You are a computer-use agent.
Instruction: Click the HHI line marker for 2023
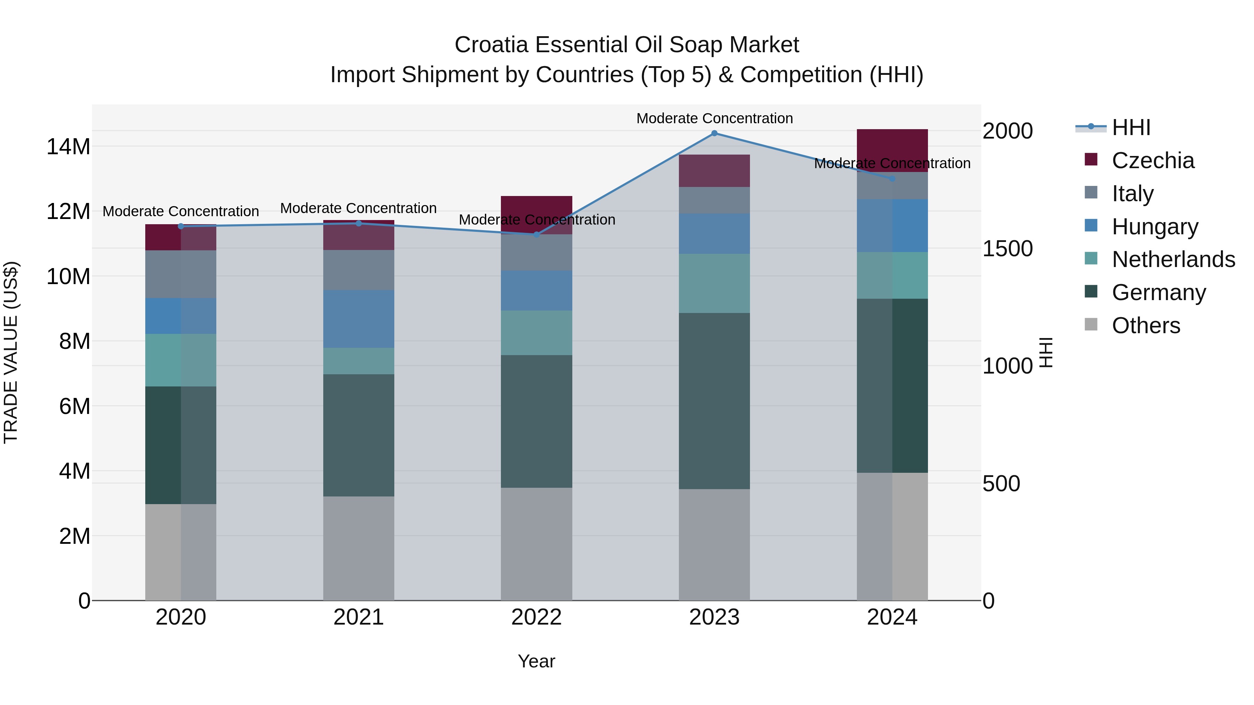coord(714,133)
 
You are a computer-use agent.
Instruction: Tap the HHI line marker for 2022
coord(536,235)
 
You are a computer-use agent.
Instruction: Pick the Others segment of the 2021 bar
coord(358,548)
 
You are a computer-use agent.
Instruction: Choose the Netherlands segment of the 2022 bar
coord(536,332)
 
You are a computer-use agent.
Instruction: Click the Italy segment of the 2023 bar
coord(714,200)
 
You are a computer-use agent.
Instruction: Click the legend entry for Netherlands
coord(1173,259)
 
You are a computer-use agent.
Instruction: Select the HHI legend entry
coord(1131,127)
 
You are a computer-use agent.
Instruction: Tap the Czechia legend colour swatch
coord(1091,159)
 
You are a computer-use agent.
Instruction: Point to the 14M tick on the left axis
coord(69,147)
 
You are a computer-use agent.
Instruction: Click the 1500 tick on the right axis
coord(1007,249)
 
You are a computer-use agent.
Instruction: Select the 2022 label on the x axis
coord(536,617)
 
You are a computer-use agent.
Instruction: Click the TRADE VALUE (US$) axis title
coord(11,352)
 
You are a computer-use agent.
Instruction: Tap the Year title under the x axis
coord(536,661)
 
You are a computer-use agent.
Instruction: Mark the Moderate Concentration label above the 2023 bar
coord(714,118)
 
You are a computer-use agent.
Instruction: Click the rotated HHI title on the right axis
coord(1046,352)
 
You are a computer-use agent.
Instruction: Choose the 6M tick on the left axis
coord(75,406)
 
